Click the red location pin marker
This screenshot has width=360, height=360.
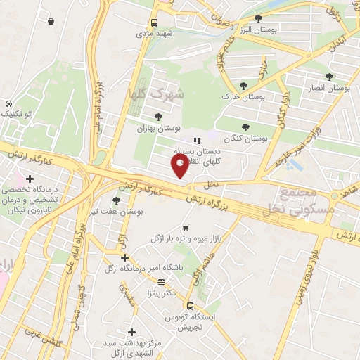click(180, 167)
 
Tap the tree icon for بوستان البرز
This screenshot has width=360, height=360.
click(258, 18)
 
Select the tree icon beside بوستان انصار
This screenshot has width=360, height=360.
click(330, 77)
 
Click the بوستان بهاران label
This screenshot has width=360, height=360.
click(160, 129)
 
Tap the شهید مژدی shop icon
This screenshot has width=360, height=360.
click(152, 22)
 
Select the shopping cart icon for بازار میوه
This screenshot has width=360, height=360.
click(186, 227)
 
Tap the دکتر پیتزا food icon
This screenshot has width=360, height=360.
click(162, 283)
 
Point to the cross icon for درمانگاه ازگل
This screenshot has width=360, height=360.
click(124, 257)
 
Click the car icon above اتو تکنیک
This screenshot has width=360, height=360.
click(7, 103)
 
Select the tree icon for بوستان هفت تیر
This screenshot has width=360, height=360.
click(116, 201)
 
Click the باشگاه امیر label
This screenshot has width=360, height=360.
click(162, 268)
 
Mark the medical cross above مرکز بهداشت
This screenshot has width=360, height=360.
click(131, 332)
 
